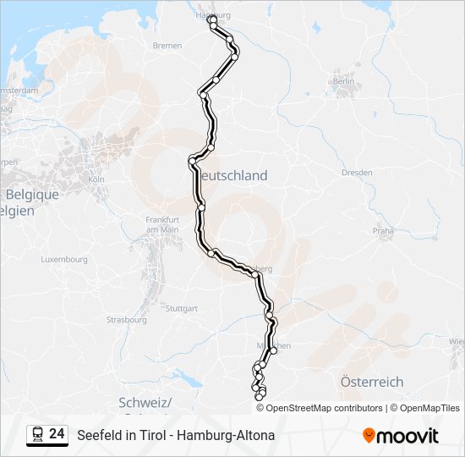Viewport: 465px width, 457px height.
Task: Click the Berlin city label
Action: pos(343,81)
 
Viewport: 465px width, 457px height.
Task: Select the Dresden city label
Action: pos(356,173)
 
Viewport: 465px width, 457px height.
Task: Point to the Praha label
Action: pos(384,230)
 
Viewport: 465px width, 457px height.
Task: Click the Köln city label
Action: pos(95,179)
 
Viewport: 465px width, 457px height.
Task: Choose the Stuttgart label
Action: pos(183,308)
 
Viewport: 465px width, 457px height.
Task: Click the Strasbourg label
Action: pos(126,320)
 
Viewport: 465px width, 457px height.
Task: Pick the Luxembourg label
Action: pos(64,259)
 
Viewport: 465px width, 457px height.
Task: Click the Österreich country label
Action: pos(371,382)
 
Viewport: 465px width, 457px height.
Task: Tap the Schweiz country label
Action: pos(145,401)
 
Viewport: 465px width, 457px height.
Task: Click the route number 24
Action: pos(57,434)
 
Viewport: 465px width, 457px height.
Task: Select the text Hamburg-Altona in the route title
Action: pos(229,436)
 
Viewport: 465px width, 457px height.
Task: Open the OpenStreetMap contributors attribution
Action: pos(325,408)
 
